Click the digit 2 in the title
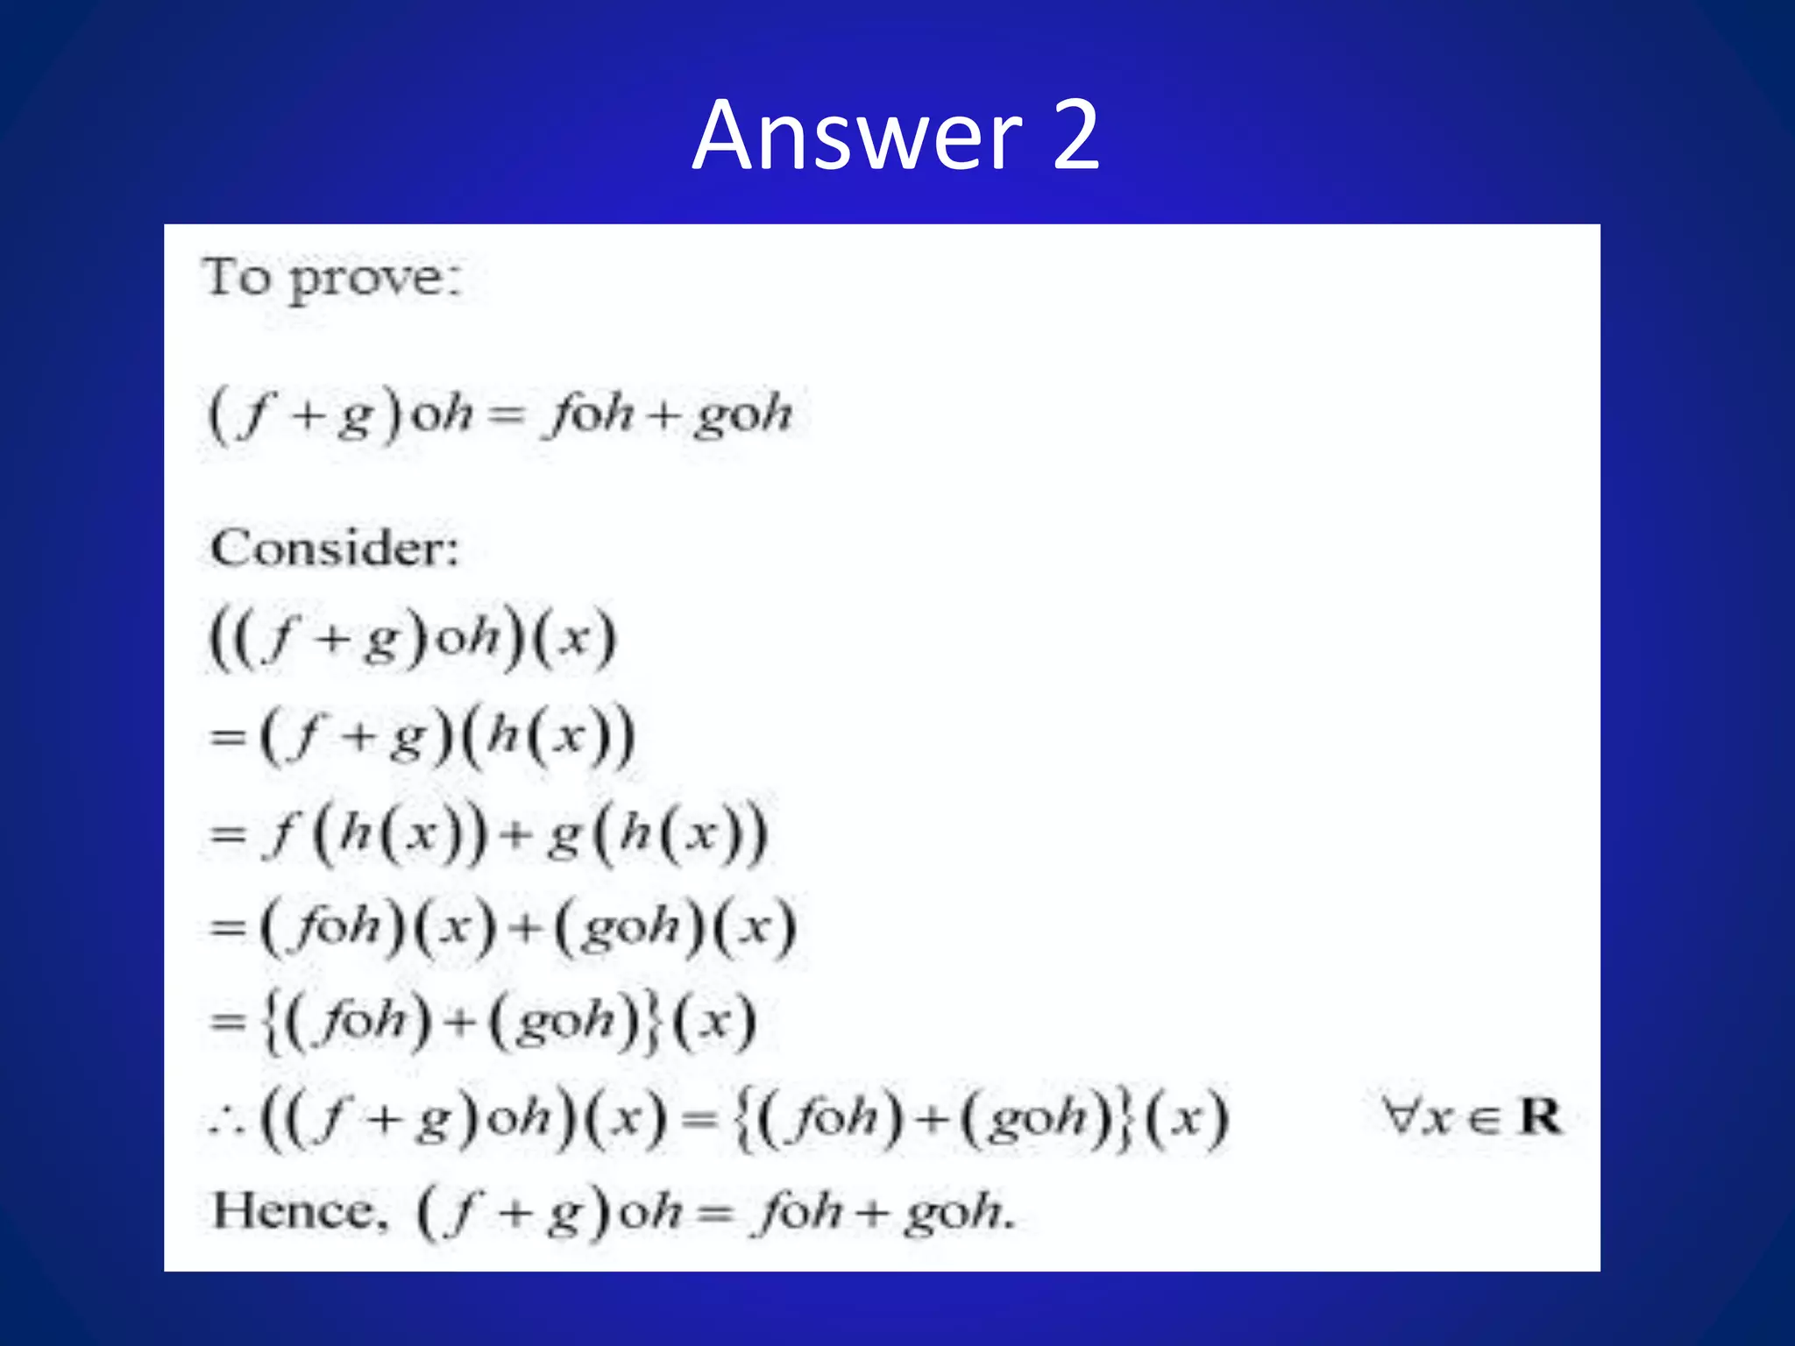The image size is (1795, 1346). pyautogui.click(x=1075, y=136)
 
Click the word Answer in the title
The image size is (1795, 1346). pyautogui.click(x=856, y=136)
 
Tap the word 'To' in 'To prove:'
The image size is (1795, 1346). pyautogui.click(x=236, y=278)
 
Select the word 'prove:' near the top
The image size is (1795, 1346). pyautogui.click(x=375, y=281)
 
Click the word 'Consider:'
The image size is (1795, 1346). pyautogui.click(x=335, y=549)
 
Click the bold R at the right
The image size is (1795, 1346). pyautogui.click(x=1541, y=1116)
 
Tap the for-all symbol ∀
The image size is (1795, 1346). pyautogui.click(x=1401, y=1116)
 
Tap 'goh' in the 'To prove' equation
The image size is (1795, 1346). pyautogui.click(x=743, y=414)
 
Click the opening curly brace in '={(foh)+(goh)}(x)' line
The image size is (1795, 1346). pyautogui.click(x=272, y=1022)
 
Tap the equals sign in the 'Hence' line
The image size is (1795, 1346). pyautogui.click(x=715, y=1214)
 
